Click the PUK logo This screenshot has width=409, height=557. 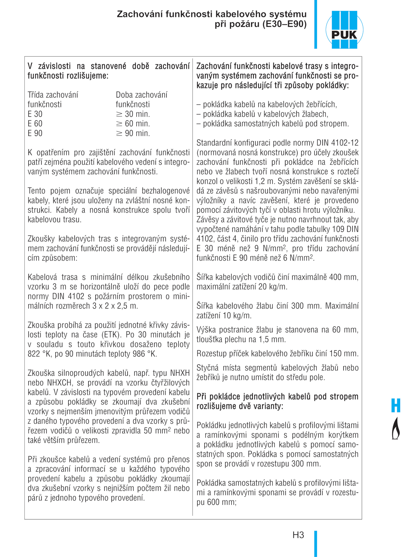344,30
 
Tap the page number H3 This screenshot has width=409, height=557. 298,535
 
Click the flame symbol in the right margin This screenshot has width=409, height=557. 396,428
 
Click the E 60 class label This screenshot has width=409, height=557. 35,124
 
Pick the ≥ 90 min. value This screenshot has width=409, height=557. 133,133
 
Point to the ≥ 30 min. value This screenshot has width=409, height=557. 133,114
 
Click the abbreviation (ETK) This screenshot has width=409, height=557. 111,335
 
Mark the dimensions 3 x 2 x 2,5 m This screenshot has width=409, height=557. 115,306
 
